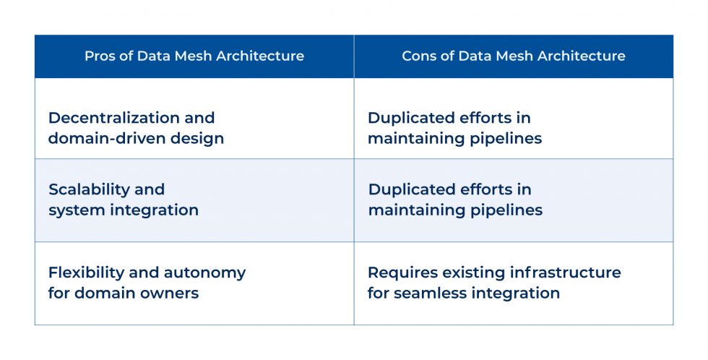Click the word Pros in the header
(99, 56)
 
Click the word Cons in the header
(418, 56)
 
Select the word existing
(470, 273)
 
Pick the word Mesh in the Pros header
(185, 56)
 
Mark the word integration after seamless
(518, 293)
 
